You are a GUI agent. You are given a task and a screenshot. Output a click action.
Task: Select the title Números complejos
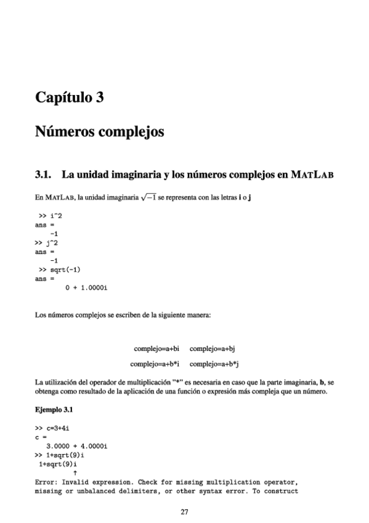pos(99,132)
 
